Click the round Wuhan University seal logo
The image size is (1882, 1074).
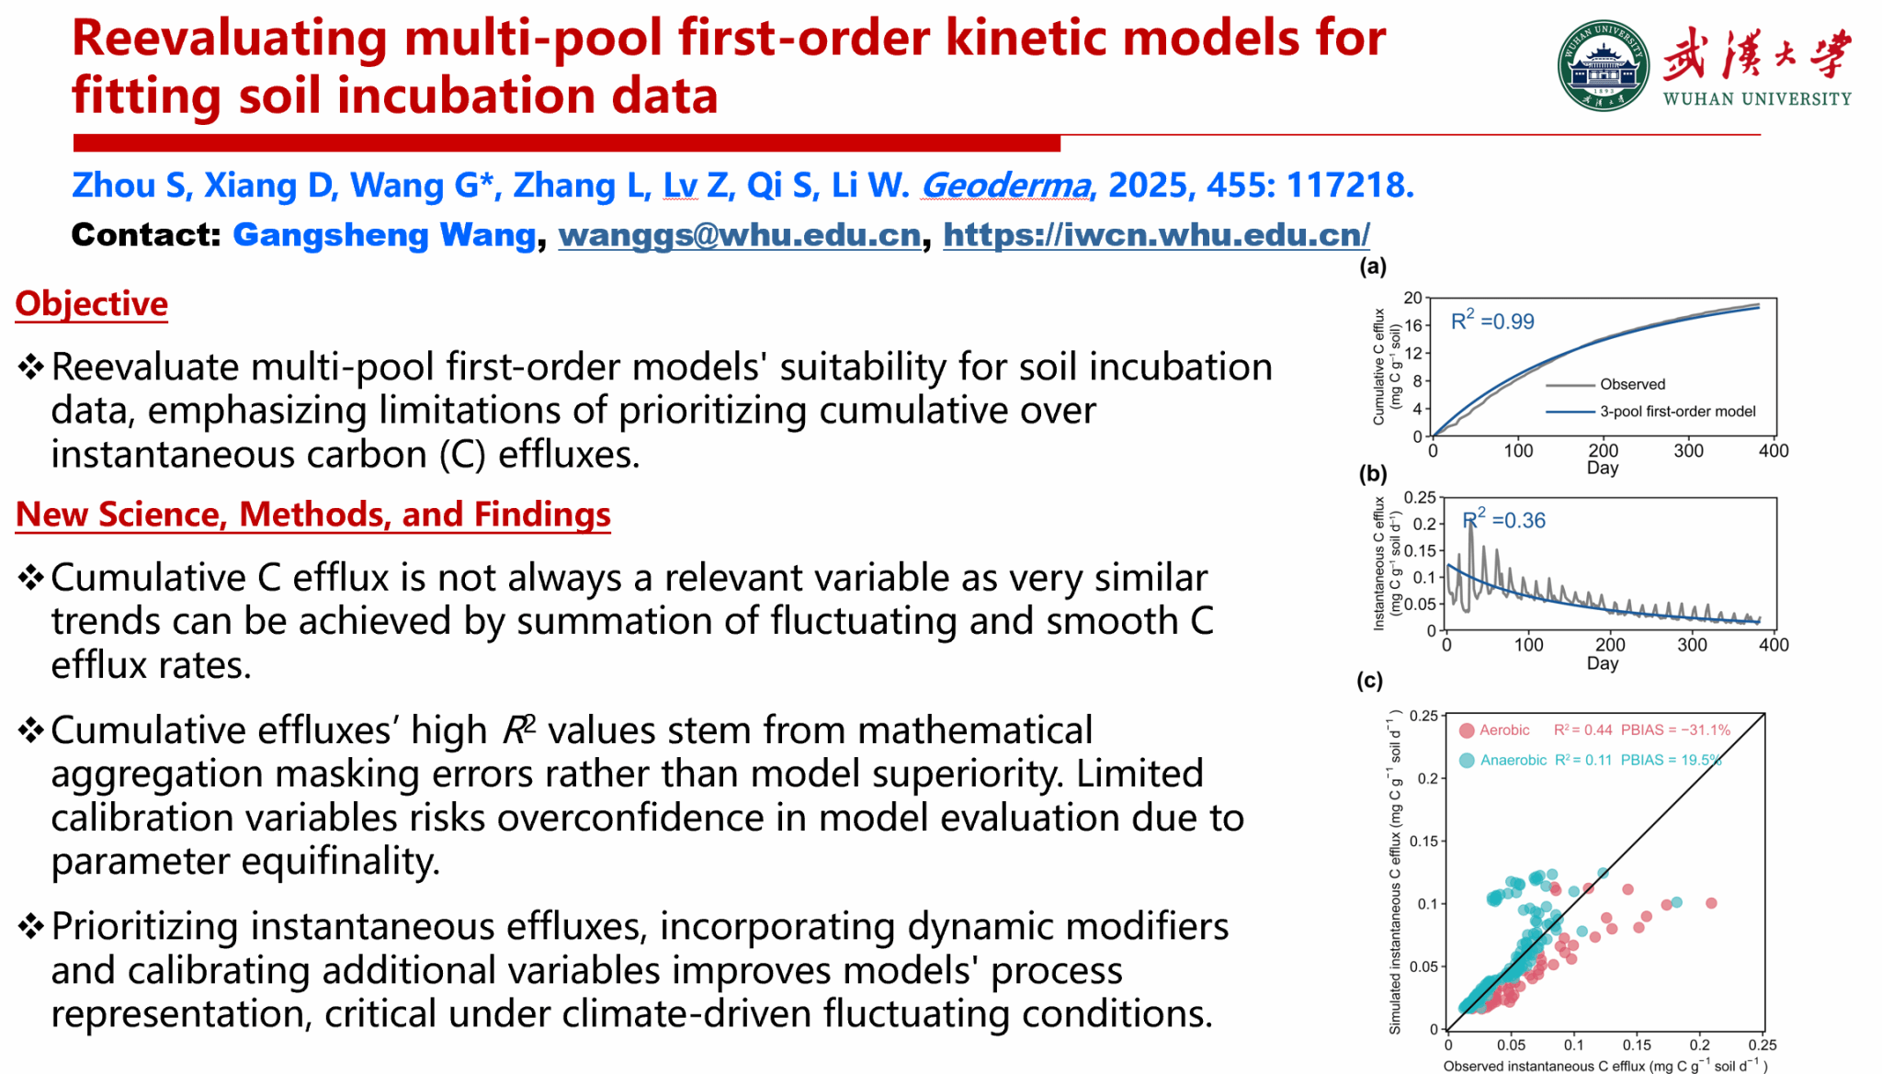[1604, 66]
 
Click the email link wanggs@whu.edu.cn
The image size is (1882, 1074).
[740, 235]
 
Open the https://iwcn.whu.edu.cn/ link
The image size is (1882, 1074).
[1156, 235]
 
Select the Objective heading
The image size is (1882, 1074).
[92, 304]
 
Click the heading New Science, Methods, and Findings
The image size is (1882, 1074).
[313, 514]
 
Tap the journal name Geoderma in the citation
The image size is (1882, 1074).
[1006, 186]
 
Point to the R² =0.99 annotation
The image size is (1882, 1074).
[1492, 320]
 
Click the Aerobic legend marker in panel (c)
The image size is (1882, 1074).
[1467, 730]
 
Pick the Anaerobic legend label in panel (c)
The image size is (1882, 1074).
[1514, 760]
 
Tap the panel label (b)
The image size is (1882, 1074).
[1373, 474]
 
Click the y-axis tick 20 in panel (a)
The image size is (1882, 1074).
[1412, 298]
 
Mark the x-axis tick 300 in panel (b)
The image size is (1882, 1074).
[1692, 645]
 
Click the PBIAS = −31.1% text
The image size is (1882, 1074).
[1675, 730]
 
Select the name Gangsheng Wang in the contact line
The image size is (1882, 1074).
[384, 235]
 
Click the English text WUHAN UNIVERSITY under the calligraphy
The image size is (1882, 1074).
[1757, 99]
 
